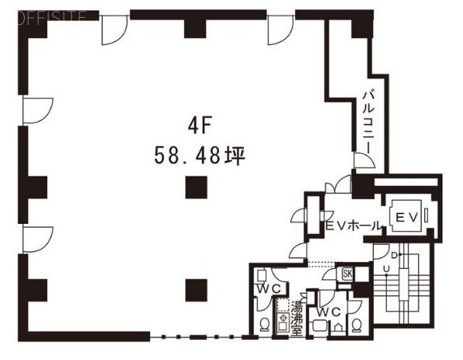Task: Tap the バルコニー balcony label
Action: tap(368, 121)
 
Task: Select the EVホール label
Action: tap(353, 225)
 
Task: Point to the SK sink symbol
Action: tap(346, 273)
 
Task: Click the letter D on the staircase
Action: tap(395, 255)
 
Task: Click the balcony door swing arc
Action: tap(363, 160)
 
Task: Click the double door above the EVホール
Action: tap(336, 187)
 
